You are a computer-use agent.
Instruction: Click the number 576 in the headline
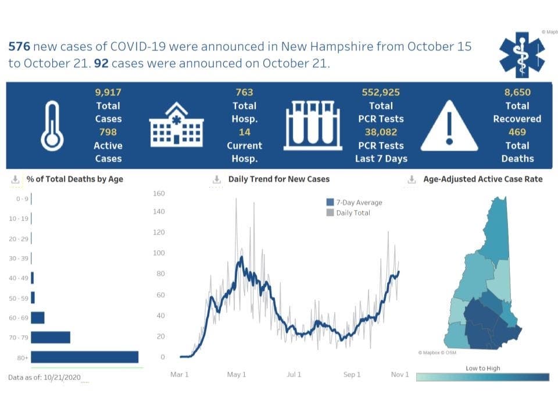pyautogui.click(x=19, y=47)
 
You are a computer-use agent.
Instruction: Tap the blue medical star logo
pyautogui.click(x=522, y=55)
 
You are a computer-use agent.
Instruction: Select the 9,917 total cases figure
pyautogui.click(x=108, y=92)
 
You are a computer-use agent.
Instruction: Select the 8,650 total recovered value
pyautogui.click(x=517, y=92)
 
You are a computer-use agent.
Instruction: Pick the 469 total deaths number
pyautogui.click(x=517, y=132)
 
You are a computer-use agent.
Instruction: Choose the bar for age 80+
pyautogui.click(x=85, y=357)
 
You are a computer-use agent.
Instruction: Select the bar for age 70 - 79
pyautogui.click(x=51, y=337)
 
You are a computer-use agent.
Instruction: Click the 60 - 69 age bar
pyautogui.click(x=38, y=317)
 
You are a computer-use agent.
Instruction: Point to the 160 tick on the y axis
pyautogui.click(x=159, y=193)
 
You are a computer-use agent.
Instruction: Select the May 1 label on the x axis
pyautogui.click(x=237, y=374)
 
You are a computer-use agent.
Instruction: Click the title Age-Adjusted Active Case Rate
pyautogui.click(x=482, y=179)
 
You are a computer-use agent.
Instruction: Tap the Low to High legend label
pyautogui.click(x=482, y=368)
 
